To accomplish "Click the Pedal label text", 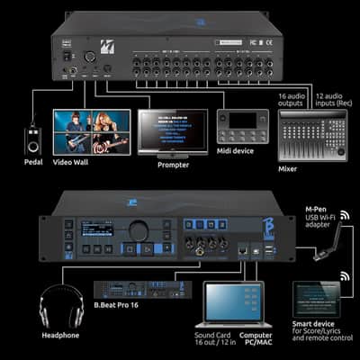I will [32, 162].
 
